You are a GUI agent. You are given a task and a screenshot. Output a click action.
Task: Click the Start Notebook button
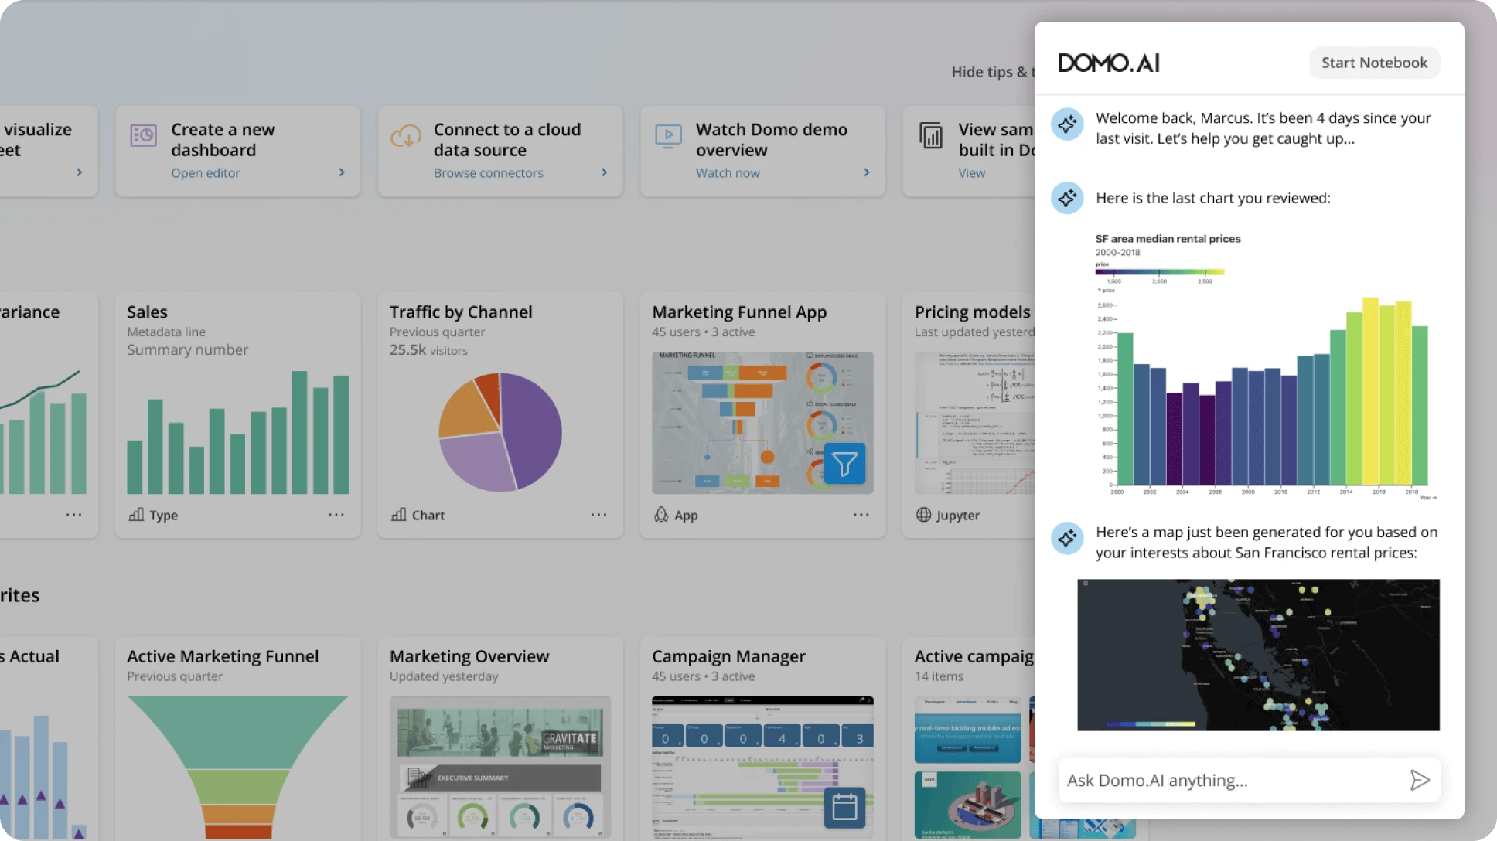click(x=1374, y=63)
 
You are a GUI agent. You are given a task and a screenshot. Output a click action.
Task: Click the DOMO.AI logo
click(x=1109, y=63)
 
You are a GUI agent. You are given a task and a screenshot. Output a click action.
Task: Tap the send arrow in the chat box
click(x=1419, y=780)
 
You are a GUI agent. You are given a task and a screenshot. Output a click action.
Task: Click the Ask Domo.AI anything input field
click(x=1229, y=781)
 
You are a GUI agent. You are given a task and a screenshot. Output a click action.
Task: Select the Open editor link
click(x=206, y=173)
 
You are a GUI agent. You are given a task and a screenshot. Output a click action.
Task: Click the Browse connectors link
click(x=488, y=173)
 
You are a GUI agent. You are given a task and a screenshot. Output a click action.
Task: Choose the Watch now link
click(x=728, y=173)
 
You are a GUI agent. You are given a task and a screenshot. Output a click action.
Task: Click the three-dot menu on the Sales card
click(x=336, y=514)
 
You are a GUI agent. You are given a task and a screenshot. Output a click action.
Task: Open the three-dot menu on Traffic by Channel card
click(x=598, y=514)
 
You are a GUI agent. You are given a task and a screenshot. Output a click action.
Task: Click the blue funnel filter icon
click(x=844, y=464)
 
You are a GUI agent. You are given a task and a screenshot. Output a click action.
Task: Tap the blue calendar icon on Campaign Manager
click(x=844, y=807)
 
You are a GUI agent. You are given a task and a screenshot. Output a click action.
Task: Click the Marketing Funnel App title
click(x=739, y=312)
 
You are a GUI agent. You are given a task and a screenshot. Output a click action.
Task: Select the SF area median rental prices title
click(x=1168, y=239)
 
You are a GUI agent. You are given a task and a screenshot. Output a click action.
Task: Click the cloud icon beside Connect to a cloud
click(x=405, y=136)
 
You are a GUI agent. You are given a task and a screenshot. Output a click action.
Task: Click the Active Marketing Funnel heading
click(x=223, y=656)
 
